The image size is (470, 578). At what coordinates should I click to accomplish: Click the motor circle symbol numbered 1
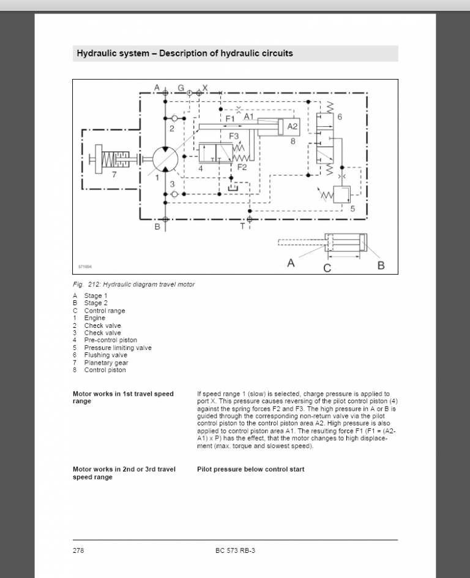click(x=165, y=159)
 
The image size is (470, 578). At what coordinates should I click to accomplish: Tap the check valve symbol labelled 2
click(x=175, y=118)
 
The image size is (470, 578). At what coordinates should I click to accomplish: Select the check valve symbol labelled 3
click(x=175, y=194)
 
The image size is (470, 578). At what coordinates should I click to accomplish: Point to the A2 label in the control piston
click(x=293, y=126)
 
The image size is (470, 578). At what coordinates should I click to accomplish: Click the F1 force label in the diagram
click(x=230, y=119)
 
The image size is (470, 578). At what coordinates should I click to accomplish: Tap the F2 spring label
click(x=242, y=167)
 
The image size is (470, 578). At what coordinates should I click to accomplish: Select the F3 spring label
click(x=234, y=136)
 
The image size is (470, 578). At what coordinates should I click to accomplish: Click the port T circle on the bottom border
click(x=250, y=219)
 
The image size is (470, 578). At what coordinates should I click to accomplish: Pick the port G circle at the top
click(x=189, y=93)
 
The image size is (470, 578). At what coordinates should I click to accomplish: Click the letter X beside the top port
click(x=205, y=88)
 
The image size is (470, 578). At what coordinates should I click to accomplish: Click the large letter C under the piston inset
click(x=327, y=268)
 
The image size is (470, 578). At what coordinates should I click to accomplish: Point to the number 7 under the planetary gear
click(x=114, y=174)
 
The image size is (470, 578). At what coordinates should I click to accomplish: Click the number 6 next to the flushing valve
click(x=339, y=117)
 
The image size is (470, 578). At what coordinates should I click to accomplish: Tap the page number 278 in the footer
click(x=78, y=550)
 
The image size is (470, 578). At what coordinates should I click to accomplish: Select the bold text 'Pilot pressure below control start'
click(x=251, y=470)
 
